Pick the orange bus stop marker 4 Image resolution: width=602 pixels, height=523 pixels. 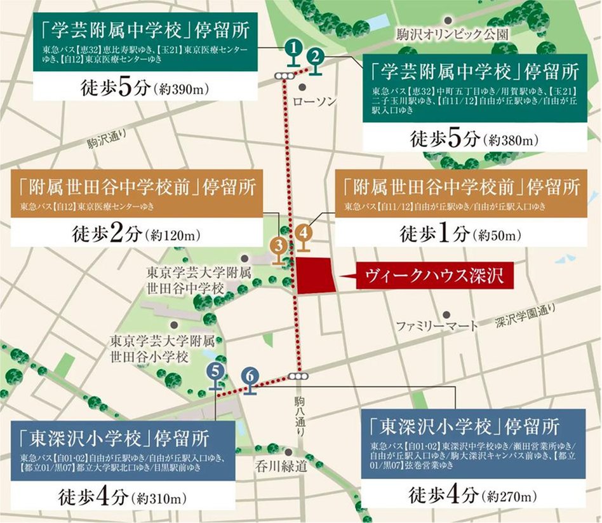coord(304,233)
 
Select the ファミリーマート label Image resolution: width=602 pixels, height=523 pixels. coord(437,326)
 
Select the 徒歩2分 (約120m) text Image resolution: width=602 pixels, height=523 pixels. coord(136,233)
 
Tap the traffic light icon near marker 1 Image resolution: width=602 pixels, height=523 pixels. coord(284,76)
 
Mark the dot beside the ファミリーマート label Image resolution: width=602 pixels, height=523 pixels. coord(448,314)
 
